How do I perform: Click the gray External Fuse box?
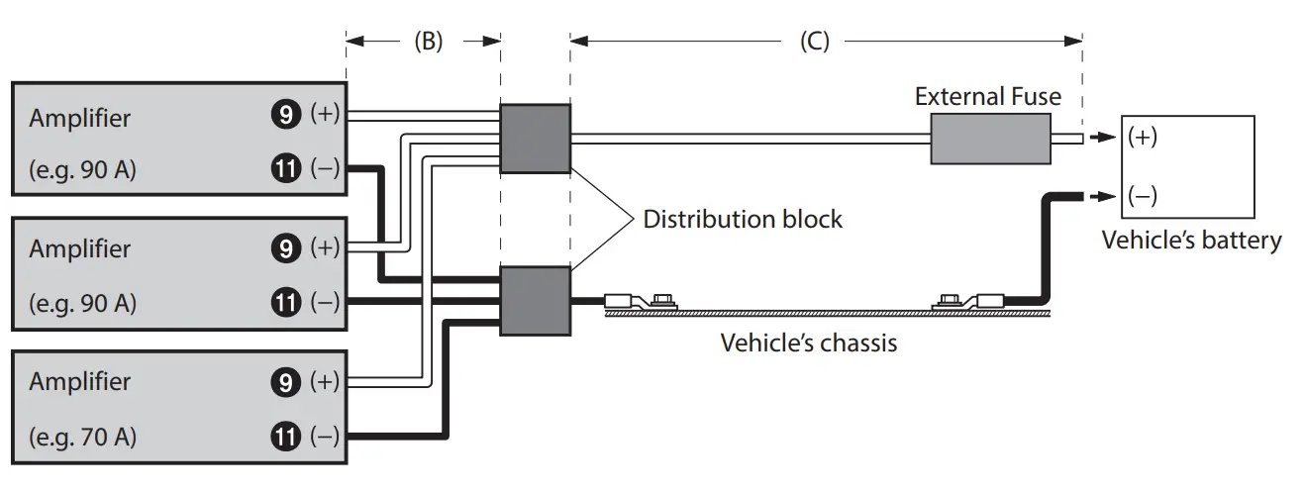[x=989, y=139]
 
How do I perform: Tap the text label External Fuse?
[x=987, y=96]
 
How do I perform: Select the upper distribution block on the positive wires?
[x=535, y=139]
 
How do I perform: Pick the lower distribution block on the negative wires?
[x=535, y=301]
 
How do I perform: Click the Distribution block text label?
[x=743, y=219]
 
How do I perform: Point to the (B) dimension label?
[x=427, y=41]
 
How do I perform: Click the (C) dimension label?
[x=814, y=41]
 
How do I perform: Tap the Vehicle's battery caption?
[x=1191, y=240]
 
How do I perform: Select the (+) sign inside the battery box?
[x=1143, y=138]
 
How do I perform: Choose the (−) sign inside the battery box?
[x=1143, y=196]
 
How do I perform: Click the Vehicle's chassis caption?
[x=809, y=343]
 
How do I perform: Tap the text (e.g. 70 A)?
[x=82, y=436]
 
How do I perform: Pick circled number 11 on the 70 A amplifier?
[x=286, y=436]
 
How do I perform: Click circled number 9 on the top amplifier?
[x=286, y=116]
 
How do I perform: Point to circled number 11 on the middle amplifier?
[x=286, y=302]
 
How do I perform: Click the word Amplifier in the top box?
[x=79, y=118]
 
